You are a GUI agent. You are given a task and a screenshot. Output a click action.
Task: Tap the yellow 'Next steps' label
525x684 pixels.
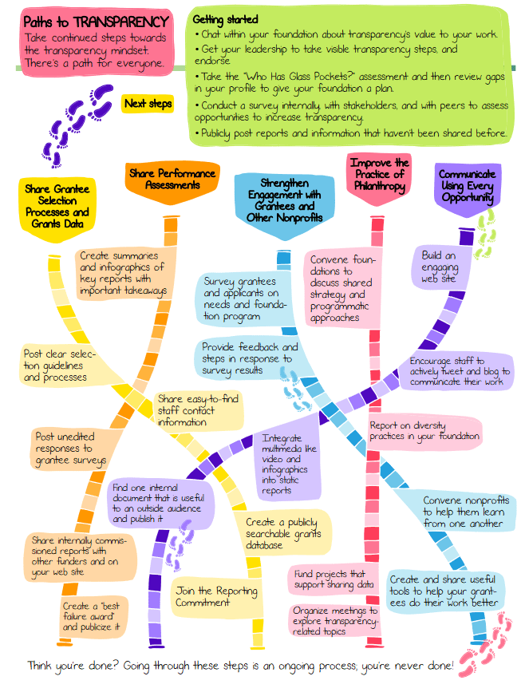[x=148, y=104]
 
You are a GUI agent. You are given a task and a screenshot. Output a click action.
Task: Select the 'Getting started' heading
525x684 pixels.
[x=227, y=18]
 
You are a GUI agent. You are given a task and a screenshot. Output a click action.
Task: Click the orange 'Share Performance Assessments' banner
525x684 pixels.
[x=170, y=179]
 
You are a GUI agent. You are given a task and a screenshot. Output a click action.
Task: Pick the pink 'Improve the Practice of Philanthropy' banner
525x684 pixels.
[x=379, y=176]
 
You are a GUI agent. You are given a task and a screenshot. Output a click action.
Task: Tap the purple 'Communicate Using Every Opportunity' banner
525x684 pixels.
[x=467, y=186]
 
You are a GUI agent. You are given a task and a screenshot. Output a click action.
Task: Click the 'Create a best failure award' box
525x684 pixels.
[x=92, y=616]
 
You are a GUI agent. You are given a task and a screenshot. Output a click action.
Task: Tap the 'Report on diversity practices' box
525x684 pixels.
[x=424, y=431]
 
